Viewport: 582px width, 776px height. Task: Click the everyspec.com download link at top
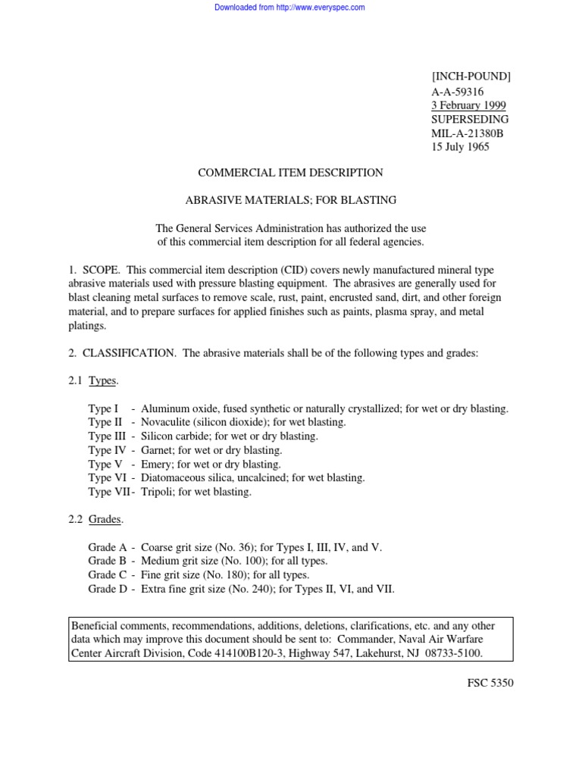[290, 8]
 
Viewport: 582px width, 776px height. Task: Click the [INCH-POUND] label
[471, 77]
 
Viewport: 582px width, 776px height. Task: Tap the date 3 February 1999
[469, 105]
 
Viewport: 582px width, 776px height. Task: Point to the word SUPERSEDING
[470, 120]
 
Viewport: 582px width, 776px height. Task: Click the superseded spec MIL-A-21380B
[468, 133]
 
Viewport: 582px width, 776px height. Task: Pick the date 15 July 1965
[460, 148]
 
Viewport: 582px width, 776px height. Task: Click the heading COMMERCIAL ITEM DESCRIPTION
[290, 173]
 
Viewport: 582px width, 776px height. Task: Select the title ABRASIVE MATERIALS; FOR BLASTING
[291, 201]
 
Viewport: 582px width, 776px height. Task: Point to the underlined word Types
[103, 381]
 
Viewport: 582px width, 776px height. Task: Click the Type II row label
[105, 423]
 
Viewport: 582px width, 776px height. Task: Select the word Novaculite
[168, 423]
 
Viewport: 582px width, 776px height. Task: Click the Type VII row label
[108, 492]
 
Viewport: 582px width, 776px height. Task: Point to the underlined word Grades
[105, 520]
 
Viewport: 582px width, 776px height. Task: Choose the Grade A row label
[107, 547]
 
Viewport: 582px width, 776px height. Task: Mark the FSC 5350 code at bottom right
[490, 683]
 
